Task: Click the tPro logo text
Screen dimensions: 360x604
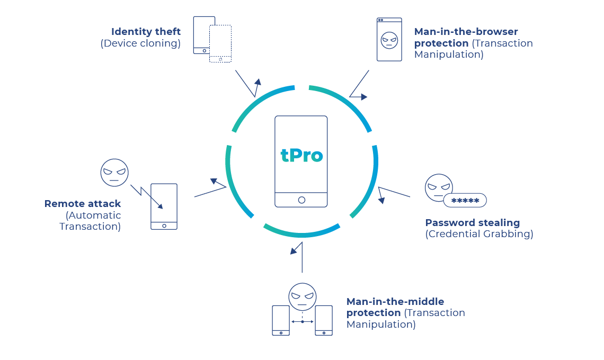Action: (x=301, y=155)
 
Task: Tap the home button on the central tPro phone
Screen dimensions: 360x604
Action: (x=301, y=200)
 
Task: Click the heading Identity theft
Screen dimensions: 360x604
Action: (x=146, y=32)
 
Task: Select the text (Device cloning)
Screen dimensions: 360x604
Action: (x=140, y=43)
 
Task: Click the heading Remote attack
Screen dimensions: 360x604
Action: (x=83, y=203)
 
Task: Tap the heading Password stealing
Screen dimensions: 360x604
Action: (x=473, y=222)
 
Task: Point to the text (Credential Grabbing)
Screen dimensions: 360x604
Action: (x=479, y=234)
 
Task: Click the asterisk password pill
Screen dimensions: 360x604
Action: (x=465, y=201)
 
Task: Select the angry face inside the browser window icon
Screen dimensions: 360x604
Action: (x=389, y=41)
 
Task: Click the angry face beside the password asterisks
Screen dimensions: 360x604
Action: (x=438, y=187)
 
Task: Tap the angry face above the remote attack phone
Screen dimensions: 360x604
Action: (x=114, y=173)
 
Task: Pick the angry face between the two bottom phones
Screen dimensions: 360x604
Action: (x=302, y=296)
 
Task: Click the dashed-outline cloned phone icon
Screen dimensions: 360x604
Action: (x=220, y=43)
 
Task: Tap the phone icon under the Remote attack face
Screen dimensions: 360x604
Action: (x=164, y=206)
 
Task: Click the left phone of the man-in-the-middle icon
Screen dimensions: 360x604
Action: (x=281, y=320)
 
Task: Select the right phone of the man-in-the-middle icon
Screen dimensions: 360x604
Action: (x=324, y=320)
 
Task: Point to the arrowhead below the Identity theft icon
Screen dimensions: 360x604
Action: (x=258, y=82)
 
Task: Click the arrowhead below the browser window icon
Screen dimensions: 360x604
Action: (x=363, y=97)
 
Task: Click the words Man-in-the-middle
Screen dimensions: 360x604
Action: (x=395, y=301)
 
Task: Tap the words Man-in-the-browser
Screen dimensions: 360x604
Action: (x=466, y=32)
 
